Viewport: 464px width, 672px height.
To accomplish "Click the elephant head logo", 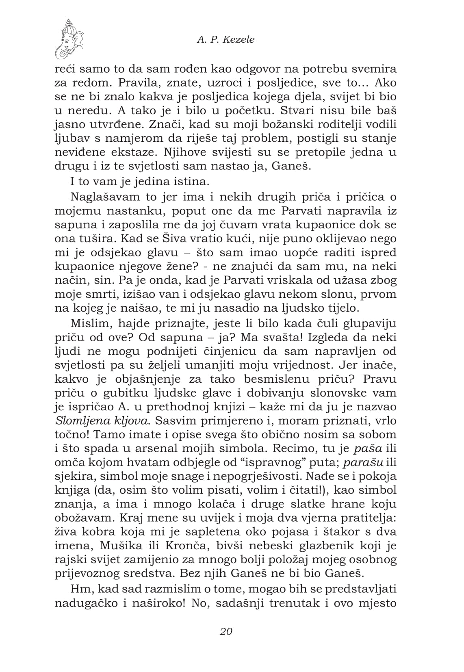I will coord(69,39).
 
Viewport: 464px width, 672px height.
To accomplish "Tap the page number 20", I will coord(226,631).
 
